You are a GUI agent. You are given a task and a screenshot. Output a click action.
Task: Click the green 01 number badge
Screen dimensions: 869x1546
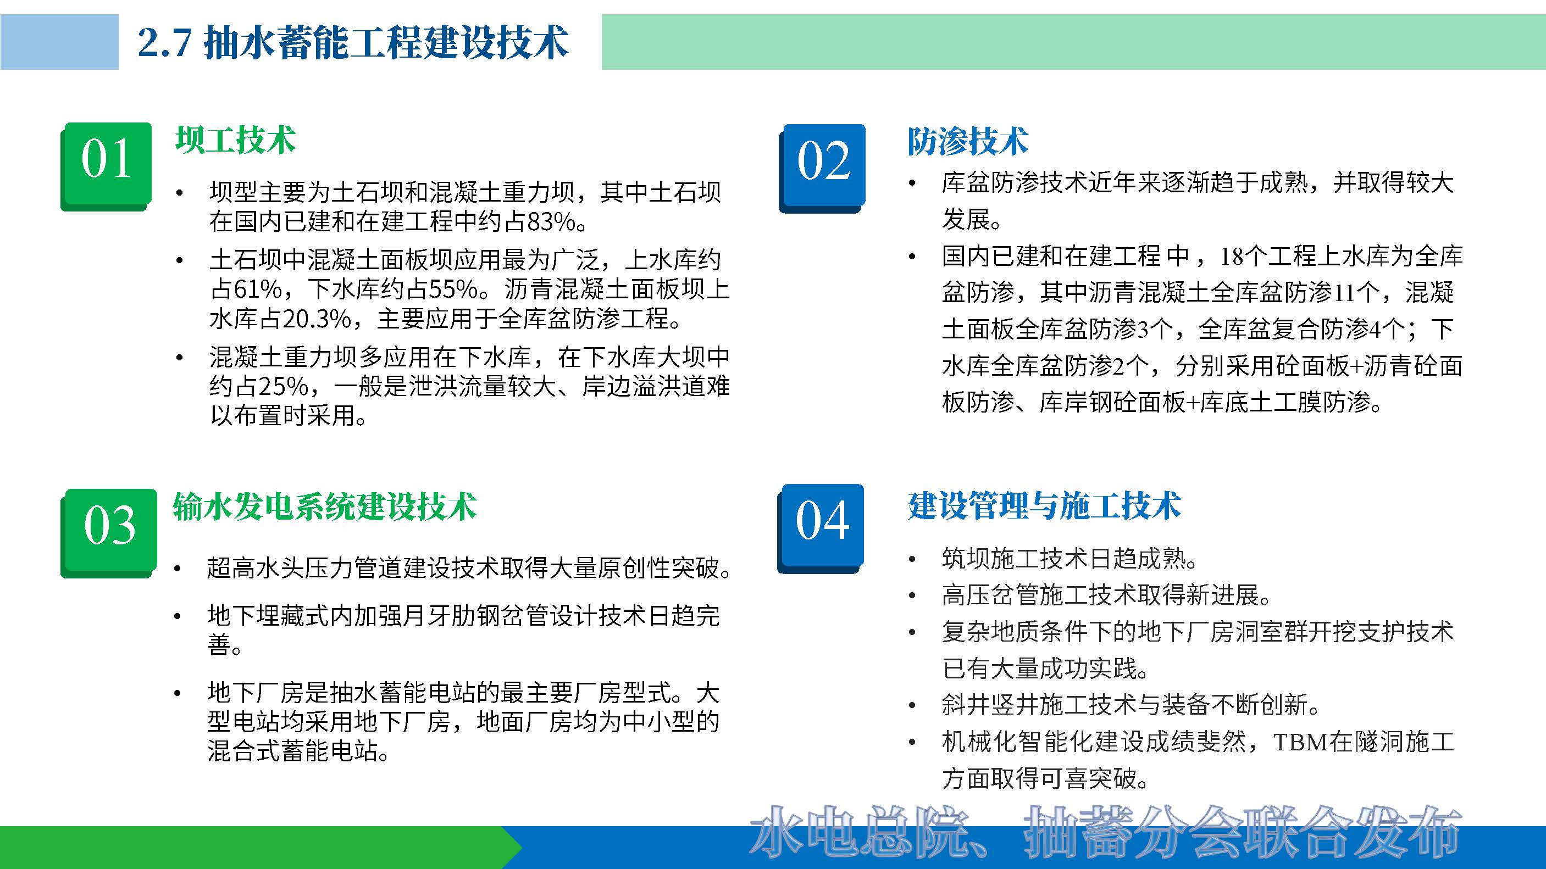106,165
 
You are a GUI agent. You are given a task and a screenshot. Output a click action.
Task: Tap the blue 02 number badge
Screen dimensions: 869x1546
822,167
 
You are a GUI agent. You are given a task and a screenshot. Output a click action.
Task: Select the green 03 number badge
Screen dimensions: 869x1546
109,531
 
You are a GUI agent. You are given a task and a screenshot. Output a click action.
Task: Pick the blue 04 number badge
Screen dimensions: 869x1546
821,527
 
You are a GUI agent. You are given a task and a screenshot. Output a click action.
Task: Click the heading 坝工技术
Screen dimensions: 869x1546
235,140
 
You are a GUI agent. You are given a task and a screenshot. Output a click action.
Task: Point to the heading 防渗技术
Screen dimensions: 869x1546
967,142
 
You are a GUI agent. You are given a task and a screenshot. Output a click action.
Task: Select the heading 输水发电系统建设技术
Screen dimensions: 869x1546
325,508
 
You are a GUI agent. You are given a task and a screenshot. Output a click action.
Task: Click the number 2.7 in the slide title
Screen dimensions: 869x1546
164,43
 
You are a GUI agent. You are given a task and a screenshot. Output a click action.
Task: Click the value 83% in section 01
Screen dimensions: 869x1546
551,222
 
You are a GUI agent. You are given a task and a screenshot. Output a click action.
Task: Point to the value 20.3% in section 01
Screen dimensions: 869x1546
316,319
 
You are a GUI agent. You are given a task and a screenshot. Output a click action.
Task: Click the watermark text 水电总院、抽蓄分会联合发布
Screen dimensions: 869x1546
1104,832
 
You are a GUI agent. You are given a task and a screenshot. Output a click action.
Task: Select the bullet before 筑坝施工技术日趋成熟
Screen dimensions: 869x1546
912,560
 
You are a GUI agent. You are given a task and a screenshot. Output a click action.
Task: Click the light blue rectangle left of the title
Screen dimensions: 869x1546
59,42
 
